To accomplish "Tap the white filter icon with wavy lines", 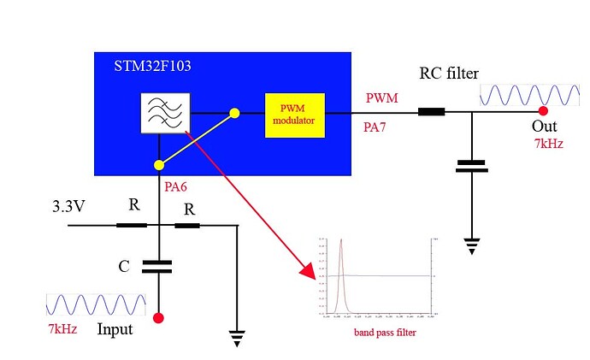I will [164, 113].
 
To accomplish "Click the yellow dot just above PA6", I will [158, 163].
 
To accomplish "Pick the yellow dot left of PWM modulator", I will [234, 112].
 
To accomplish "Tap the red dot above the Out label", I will [542, 111].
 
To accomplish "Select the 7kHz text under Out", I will [547, 144].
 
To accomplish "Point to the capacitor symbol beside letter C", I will [158, 266].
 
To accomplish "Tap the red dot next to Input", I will [158, 319].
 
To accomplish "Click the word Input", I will [115, 328].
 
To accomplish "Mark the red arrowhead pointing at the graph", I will [307, 272].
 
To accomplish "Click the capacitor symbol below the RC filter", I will [471, 165].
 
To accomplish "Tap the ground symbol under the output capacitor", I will [471, 245].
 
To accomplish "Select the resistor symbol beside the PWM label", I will [431, 112].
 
